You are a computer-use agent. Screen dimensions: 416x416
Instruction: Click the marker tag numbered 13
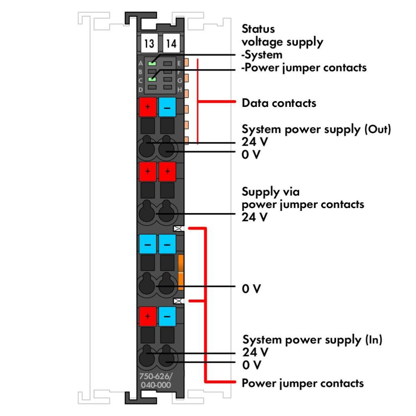coord(148,44)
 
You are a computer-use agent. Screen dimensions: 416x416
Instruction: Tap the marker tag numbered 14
coord(171,44)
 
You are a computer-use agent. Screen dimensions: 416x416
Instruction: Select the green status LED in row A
coord(153,63)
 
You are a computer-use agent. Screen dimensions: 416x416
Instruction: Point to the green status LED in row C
coord(153,79)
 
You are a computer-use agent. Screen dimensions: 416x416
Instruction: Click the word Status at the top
coord(258,30)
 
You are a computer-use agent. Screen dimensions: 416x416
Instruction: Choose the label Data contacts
coord(279,103)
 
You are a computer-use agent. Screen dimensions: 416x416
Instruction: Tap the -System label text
coord(262,54)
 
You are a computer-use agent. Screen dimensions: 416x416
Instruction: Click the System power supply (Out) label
coord(317,129)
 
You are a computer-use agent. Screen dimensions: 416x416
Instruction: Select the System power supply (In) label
coord(312,339)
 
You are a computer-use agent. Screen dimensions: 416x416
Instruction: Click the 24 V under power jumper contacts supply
coord(255,217)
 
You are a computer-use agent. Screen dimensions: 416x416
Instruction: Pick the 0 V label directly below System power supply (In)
coord(252,365)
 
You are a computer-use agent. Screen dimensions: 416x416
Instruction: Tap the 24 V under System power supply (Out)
coord(255,142)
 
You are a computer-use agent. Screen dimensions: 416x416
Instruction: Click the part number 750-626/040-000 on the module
coord(155,381)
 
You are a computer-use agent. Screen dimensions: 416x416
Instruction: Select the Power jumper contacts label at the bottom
coord(303,383)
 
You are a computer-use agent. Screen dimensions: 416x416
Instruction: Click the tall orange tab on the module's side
coord(181,272)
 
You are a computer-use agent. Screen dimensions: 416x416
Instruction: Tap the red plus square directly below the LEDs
coord(147,107)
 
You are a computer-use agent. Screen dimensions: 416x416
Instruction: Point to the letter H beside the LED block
coord(179,89)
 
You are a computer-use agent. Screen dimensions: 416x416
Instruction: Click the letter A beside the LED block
coord(141,63)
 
